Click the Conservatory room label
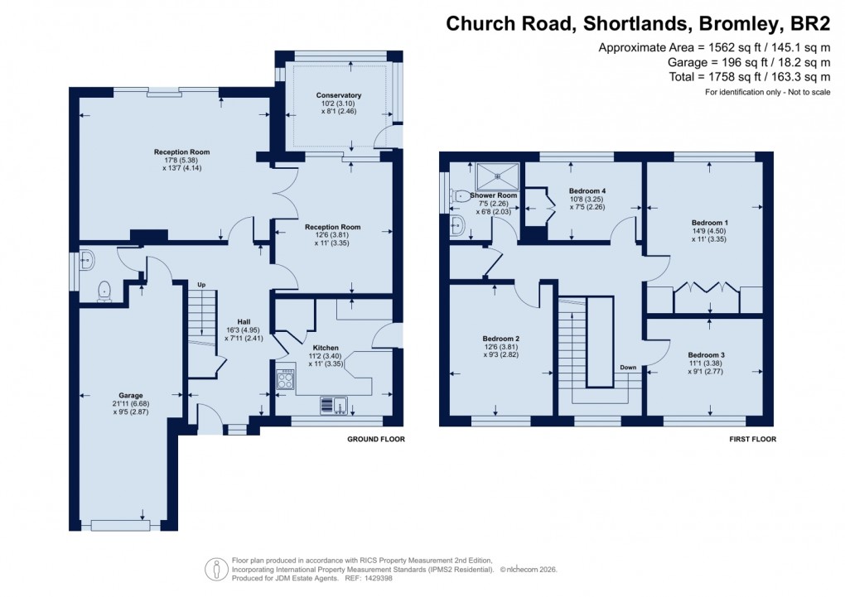click(338, 95)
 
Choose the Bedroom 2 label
click(501, 338)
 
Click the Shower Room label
click(493, 196)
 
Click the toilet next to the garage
click(104, 289)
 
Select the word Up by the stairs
click(201, 284)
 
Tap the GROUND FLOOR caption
click(376, 440)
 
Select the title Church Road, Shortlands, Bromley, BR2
click(638, 23)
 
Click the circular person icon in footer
click(216, 569)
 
